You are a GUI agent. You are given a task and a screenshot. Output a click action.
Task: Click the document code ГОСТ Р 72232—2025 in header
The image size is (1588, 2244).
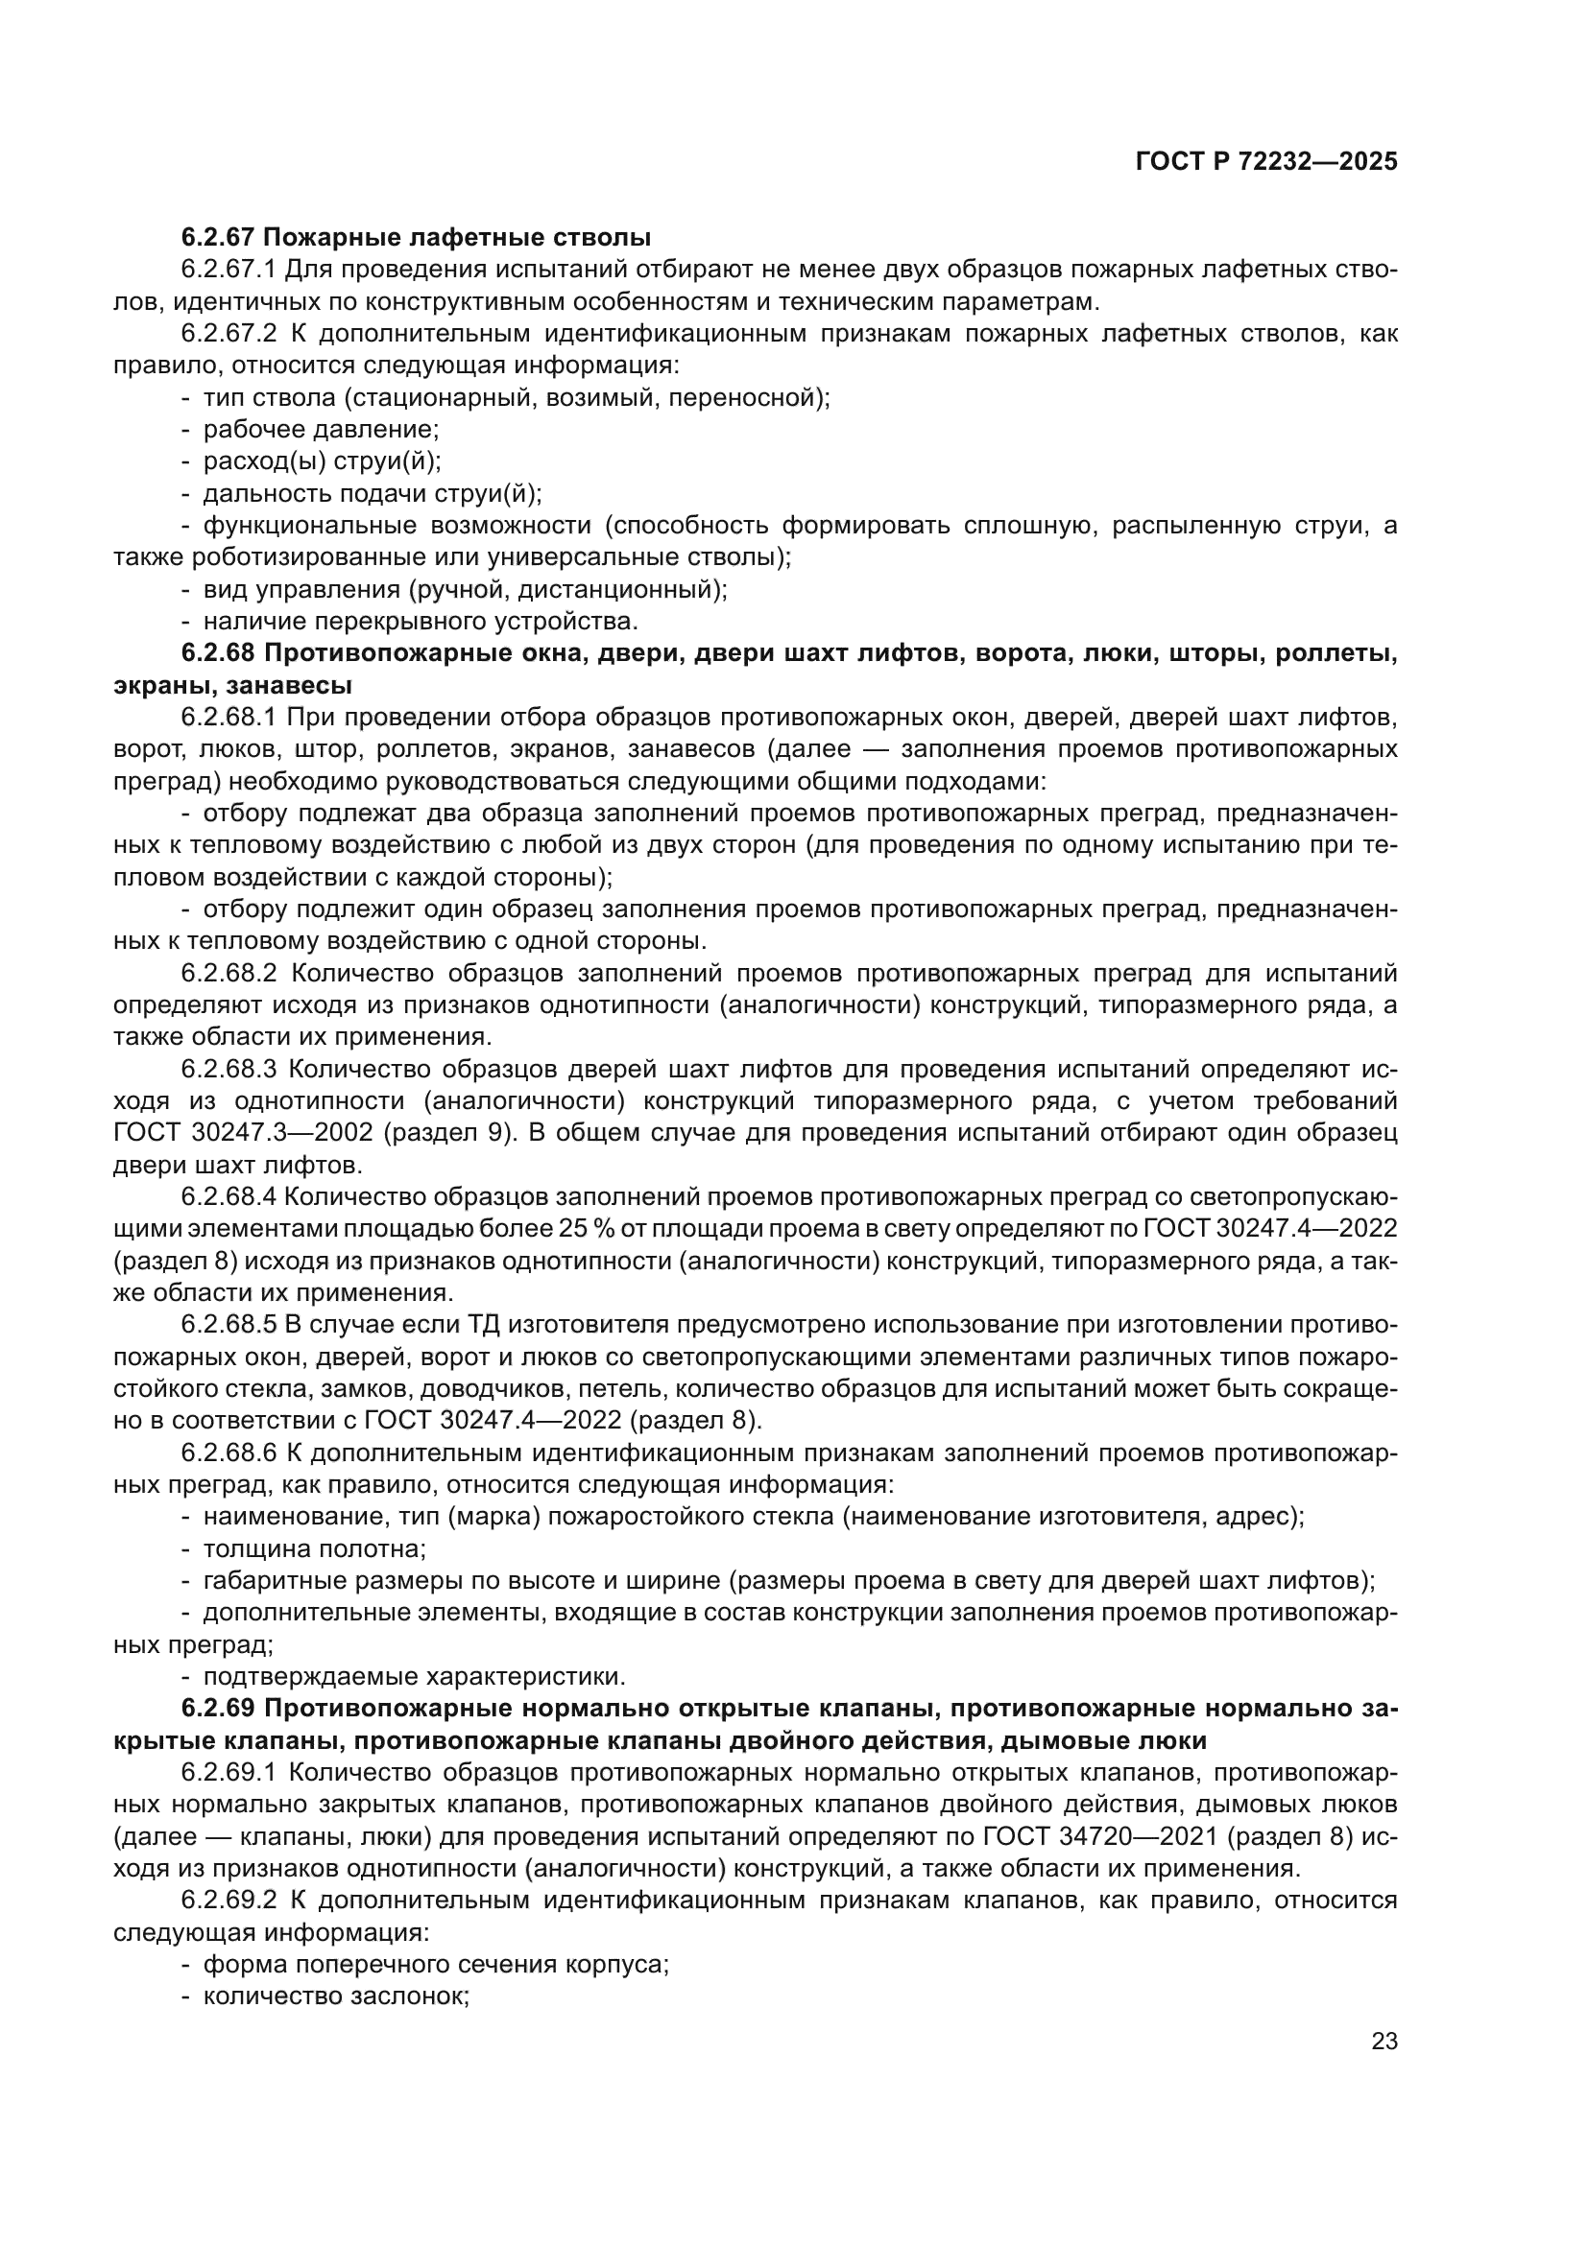[1266, 162]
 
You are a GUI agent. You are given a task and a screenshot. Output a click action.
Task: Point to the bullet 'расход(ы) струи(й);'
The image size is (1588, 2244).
[322, 461]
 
